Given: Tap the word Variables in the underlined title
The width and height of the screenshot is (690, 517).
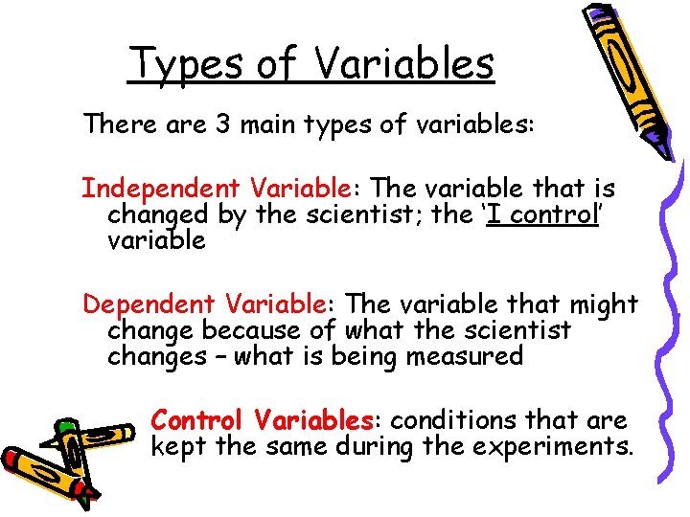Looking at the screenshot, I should tap(403, 63).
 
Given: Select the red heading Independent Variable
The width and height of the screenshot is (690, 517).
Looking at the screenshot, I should tap(203, 189).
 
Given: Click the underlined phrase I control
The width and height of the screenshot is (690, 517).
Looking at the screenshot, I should tap(540, 214).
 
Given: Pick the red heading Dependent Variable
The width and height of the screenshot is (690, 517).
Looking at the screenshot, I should tap(204, 304).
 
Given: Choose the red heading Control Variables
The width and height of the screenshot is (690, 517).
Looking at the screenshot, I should tap(262, 419).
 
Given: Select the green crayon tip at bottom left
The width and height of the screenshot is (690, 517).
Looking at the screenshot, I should tap(65, 423).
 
